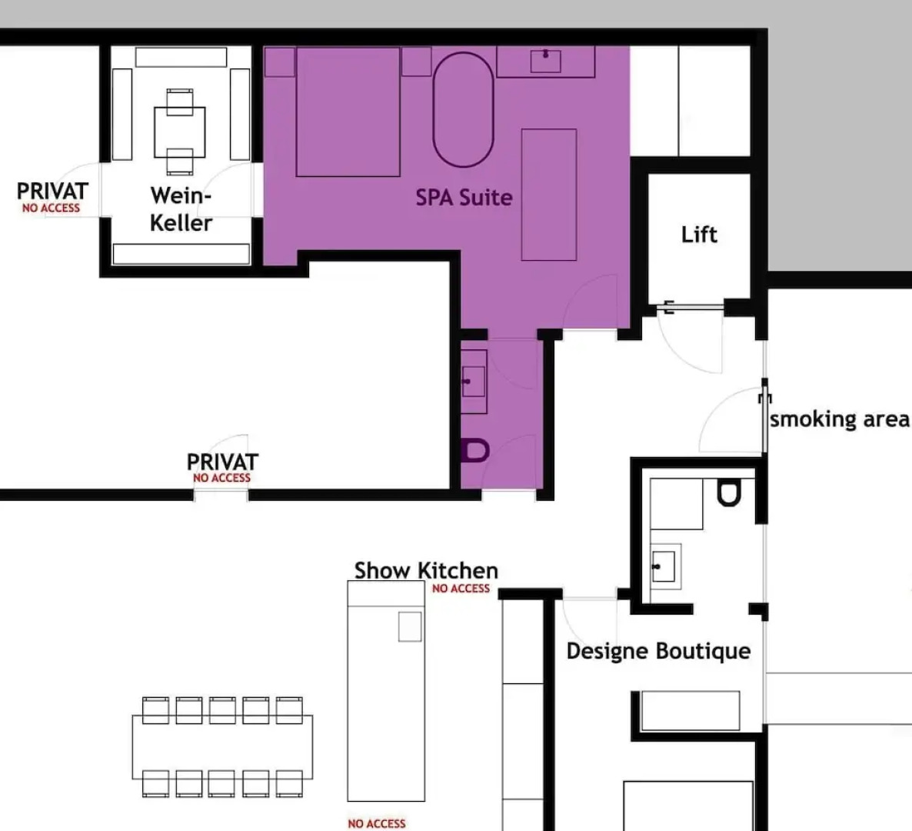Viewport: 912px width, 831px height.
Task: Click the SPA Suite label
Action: (x=464, y=198)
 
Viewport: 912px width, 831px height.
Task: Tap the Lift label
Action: (x=699, y=234)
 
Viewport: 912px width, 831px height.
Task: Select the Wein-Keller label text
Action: (x=181, y=209)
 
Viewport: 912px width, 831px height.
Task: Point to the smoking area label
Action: (x=839, y=419)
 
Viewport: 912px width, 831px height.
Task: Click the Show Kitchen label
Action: (x=426, y=571)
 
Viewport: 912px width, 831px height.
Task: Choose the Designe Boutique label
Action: (x=658, y=651)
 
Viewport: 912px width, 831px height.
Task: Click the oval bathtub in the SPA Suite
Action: (x=463, y=109)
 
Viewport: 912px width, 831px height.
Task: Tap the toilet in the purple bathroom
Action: (x=476, y=450)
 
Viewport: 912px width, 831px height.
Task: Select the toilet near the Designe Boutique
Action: (x=729, y=492)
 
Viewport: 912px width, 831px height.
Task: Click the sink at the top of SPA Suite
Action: (x=546, y=61)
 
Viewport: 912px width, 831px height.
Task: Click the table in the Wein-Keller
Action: (x=180, y=132)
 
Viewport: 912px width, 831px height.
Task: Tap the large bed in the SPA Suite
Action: (x=348, y=112)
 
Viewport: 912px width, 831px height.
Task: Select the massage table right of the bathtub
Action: (x=549, y=195)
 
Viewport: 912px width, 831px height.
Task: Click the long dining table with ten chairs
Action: (x=222, y=746)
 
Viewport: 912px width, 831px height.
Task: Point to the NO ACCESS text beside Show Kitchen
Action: (x=461, y=589)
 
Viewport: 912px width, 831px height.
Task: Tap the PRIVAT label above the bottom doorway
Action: (x=222, y=462)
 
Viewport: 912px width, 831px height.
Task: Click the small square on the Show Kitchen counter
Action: (x=410, y=626)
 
